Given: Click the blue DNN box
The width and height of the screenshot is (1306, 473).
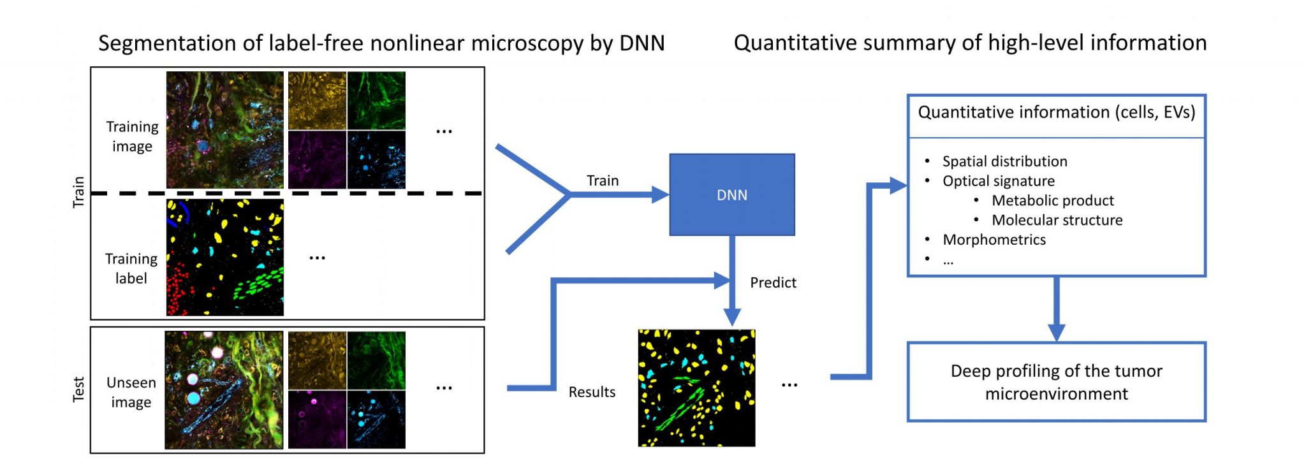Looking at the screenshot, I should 731,194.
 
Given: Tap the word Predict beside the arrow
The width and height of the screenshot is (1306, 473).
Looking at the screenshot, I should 773,282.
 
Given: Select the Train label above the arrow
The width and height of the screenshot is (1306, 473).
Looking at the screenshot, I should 603,180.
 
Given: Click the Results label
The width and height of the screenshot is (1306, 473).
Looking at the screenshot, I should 592,392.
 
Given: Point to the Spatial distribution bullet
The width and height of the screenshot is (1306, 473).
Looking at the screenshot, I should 1004,161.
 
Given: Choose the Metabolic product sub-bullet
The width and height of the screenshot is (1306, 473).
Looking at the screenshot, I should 1052,200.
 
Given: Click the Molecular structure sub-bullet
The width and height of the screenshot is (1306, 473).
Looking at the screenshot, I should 1057,220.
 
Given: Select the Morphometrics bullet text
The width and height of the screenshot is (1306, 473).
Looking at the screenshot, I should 994,240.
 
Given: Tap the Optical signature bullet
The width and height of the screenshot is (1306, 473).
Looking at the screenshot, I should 998,181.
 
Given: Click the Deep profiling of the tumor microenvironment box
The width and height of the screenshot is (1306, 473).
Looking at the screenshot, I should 1056,382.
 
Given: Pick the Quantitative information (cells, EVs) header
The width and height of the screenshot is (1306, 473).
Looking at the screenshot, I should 1056,112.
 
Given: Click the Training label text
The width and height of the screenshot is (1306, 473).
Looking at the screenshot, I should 131,268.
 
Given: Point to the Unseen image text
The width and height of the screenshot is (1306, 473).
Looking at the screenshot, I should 131,392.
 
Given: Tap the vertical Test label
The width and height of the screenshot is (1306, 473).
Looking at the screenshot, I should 78,389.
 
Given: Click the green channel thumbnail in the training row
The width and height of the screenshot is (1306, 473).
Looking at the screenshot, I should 376,100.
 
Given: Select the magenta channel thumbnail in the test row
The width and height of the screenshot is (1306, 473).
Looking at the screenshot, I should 317,419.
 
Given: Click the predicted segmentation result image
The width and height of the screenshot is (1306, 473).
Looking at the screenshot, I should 696,388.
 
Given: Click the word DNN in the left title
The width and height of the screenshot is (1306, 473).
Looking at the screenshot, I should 642,43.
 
